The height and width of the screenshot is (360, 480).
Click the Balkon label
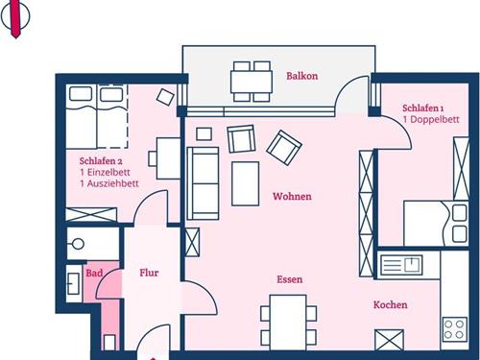302,76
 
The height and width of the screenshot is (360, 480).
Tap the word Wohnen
292,196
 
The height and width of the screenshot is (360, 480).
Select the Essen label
290,279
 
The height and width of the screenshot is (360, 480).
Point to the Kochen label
391,304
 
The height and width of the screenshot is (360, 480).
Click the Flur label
149,273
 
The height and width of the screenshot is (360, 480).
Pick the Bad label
94,273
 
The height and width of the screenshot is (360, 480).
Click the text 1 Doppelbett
431,119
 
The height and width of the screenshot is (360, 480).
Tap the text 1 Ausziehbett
109,183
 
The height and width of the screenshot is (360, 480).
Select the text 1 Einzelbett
105,172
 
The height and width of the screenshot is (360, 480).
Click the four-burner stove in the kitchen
455,329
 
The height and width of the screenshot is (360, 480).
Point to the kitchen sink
401,265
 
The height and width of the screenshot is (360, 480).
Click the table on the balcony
252,82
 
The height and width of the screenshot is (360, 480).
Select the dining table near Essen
288,323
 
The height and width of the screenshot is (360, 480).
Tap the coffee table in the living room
245,183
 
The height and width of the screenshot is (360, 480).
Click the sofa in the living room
203,183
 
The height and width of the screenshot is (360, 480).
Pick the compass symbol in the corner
15,16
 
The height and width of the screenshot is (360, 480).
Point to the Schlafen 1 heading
423,108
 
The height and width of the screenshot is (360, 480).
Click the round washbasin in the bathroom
78,244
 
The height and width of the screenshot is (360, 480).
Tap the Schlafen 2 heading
101,160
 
